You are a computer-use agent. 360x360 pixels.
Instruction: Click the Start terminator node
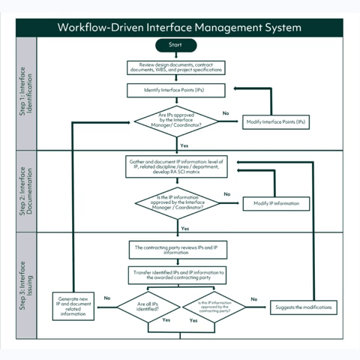coord(175,46)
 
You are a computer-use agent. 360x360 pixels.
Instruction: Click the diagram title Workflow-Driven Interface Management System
coord(179,28)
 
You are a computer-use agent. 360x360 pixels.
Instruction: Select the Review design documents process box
coord(175,67)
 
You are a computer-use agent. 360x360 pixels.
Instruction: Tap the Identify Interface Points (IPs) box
coord(175,91)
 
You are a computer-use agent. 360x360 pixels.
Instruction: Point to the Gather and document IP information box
coord(175,166)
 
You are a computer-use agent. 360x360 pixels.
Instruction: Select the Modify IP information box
coord(276,203)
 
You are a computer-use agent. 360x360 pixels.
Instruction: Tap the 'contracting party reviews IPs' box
coord(175,250)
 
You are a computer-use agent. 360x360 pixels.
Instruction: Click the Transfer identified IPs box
coord(175,274)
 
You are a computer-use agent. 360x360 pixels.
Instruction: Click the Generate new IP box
coord(73,307)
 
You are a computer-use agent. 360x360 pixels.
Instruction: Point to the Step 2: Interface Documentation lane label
coord(25,191)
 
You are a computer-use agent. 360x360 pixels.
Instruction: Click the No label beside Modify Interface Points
coord(226,113)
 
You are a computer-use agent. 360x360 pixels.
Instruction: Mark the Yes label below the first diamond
coord(184,145)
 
